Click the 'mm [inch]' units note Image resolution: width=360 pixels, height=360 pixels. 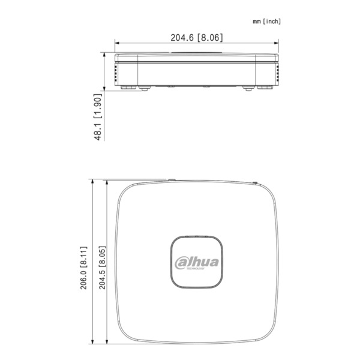coord(266,21)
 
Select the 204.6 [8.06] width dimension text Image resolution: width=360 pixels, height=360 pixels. coord(197,37)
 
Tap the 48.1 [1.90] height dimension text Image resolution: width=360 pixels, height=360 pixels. coord(98,117)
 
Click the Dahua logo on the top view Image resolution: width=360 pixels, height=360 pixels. coord(197,262)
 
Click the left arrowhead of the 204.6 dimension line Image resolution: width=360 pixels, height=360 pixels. coord(118,43)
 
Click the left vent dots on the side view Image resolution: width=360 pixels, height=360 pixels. coord(116,73)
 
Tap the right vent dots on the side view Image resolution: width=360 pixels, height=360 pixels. coord(278,73)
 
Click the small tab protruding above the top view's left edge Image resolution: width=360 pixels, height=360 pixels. coord(170,179)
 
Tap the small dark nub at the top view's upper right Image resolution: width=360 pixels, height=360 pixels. coord(254,182)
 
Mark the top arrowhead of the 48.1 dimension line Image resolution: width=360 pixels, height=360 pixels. coord(104,56)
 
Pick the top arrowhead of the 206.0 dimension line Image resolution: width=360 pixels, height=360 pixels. coord(92,181)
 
